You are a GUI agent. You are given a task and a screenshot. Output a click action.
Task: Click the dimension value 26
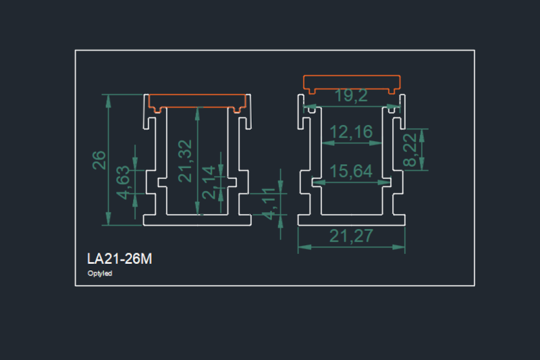tap(99, 159)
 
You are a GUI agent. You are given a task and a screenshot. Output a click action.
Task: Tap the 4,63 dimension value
tap(123, 182)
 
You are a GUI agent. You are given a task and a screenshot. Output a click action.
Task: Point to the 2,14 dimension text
tap(209, 182)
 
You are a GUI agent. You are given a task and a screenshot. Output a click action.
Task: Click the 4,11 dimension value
tap(268, 205)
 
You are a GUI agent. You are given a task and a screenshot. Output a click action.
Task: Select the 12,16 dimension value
tap(352, 132)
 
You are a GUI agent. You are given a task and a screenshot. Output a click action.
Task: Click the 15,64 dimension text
tap(352, 172)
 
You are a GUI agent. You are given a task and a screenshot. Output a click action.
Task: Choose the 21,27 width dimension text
tap(352, 236)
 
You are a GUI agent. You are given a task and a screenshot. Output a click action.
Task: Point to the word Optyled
tap(99, 274)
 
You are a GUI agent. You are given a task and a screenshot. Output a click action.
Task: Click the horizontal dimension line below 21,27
tap(352, 247)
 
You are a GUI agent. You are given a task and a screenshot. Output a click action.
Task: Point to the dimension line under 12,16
tap(352, 143)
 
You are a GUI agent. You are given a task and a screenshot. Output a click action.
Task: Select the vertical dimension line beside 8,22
tap(423, 150)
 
